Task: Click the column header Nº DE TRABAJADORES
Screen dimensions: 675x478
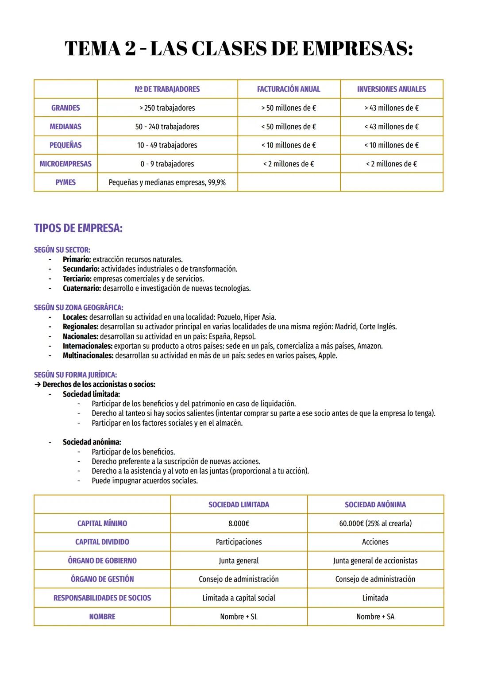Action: pos(167,89)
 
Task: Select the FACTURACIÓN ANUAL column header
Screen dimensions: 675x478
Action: pos(289,89)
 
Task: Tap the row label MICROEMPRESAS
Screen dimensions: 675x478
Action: pos(66,164)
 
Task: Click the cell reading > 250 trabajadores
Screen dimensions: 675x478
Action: pos(167,108)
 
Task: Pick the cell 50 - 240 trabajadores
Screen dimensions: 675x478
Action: pos(167,127)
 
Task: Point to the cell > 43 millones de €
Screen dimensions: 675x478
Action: pos(391,108)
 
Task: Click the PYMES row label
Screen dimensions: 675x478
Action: pos(66,182)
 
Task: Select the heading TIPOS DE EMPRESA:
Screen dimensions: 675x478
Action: pos(78,228)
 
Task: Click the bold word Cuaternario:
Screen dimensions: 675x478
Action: pos(81,289)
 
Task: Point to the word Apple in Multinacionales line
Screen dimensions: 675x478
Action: pos(327,356)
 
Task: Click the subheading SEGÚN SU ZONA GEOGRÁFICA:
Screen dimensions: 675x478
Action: pos(78,308)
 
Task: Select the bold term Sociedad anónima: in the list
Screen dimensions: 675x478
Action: pos(92,442)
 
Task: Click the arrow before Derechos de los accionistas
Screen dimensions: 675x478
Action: pos(37,385)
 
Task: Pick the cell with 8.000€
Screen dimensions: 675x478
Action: pos(239,524)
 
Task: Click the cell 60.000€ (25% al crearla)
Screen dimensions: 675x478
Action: pos(375,524)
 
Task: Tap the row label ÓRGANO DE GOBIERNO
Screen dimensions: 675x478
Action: pos(102,561)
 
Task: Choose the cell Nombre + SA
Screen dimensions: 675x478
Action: pos(375,617)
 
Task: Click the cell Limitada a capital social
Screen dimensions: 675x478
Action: pos(239,598)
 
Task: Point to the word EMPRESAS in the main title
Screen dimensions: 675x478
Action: pos(357,49)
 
